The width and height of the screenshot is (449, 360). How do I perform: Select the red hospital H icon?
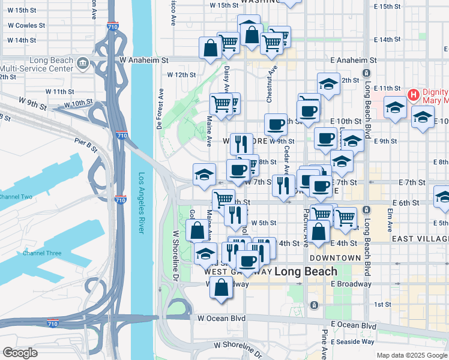click(x=413, y=95)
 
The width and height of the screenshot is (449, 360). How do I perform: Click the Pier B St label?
click(x=86, y=144)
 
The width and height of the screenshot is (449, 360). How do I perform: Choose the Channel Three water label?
click(x=42, y=253)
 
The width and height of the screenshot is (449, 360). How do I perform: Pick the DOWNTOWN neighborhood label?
click(x=336, y=257)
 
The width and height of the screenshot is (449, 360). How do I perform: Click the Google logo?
click(x=19, y=352)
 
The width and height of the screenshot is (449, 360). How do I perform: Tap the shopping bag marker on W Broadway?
click(x=221, y=287)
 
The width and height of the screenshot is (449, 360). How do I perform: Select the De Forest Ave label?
click(x=160, y=110)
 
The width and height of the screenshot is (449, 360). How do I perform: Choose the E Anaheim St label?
click(x=354, y=60)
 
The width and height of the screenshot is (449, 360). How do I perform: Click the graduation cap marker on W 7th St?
click(x=204, y=175)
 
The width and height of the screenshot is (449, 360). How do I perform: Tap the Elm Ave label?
click(x=390, y=219)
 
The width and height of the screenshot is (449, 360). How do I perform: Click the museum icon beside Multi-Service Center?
click(x=83, y=62)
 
